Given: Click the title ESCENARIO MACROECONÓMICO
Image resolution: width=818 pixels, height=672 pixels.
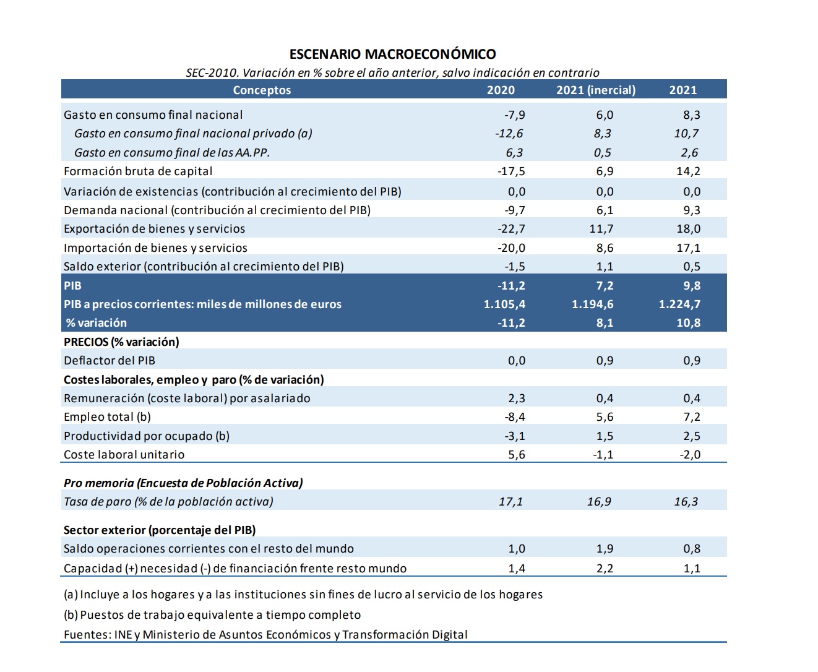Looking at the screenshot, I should click(392, 54).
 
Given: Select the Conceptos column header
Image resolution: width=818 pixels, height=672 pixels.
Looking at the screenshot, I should click(262, 90).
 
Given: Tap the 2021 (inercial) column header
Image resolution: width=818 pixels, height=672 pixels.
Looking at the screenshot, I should click(595, 90).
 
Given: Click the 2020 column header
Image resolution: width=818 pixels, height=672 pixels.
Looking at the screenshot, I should click(501, 90).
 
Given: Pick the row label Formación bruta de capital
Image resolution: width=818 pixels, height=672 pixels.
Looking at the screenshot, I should click(138, 171).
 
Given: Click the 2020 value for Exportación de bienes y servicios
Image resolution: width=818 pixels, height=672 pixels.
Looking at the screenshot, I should click(511, 229).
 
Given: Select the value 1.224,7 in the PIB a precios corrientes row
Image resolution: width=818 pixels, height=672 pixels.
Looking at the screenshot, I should click(679, 304).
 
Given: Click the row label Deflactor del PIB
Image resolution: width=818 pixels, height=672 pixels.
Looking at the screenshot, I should click(110, 361).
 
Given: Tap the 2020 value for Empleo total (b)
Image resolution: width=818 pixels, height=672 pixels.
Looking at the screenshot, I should click(515, 417).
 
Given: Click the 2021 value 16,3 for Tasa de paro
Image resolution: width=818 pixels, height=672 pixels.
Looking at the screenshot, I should click(686, 502).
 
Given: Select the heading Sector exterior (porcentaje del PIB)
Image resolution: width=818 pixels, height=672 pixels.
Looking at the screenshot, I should click(160, 530).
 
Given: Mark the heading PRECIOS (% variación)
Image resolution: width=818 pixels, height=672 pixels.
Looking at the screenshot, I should click(121, 342).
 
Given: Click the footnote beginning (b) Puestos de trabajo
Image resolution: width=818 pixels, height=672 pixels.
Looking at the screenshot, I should click(212, 615).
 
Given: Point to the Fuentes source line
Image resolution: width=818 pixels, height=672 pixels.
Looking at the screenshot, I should click(265, 635).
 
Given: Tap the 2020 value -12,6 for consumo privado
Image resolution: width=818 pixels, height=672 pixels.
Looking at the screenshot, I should click(509, 134).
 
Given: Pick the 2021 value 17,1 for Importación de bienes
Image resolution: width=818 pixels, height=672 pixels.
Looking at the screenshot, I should click(688, 248).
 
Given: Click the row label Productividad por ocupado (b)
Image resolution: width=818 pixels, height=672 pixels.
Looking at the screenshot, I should click(147, 436).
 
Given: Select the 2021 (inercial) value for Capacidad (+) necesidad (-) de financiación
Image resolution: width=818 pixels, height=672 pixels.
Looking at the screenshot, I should click(605, 569).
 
